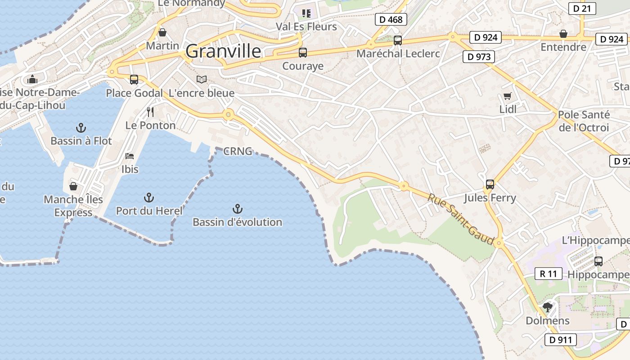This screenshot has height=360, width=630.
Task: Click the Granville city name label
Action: point(223,51)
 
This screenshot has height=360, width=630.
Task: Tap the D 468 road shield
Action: point(391,19)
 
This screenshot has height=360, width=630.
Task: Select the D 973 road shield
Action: point(479,57)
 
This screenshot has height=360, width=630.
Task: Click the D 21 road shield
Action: point(582,8)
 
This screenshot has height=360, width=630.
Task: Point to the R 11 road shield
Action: point(549,274)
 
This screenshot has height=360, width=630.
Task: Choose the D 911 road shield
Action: point(560,340)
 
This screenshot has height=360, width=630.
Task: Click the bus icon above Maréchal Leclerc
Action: point(397,40)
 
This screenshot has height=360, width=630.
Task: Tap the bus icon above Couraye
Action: point(303,53)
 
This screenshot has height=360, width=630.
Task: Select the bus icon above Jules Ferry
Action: point(490,184)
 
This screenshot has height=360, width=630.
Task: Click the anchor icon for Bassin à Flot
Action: point(81,128)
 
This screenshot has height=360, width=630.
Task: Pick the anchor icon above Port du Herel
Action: point(148,198)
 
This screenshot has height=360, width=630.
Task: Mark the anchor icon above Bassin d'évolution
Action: point(237,209)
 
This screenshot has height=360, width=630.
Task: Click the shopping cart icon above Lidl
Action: point(508,96)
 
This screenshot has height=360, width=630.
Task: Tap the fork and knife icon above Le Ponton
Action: point(150,112)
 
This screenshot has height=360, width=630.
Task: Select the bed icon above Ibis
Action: point(130,156)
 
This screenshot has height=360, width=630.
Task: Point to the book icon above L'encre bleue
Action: point(202,80)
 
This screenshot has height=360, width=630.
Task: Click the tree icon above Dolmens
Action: point(548,307)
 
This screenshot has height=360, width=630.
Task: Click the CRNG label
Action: point(238,151)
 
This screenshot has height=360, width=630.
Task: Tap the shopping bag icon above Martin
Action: point(162,32)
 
